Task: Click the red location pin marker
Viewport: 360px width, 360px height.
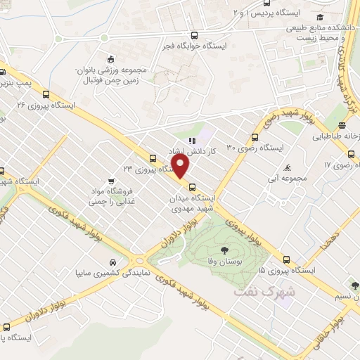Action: [x=181, y=167]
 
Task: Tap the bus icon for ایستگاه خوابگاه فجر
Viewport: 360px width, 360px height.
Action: [x=194, y=36]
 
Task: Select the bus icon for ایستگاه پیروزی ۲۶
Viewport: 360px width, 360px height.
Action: [x=46, y=94]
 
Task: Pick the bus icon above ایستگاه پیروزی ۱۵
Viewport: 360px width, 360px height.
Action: [x=286, y=258]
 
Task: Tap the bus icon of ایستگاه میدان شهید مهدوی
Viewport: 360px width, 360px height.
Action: [x=193, y=187]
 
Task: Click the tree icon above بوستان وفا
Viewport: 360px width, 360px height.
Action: [x=224, y=250]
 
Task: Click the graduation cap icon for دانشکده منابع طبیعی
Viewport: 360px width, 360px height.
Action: [x=320, y=17]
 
